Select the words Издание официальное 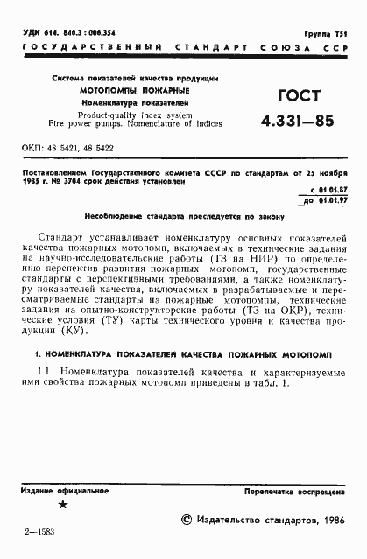click(x=62, y=493)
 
